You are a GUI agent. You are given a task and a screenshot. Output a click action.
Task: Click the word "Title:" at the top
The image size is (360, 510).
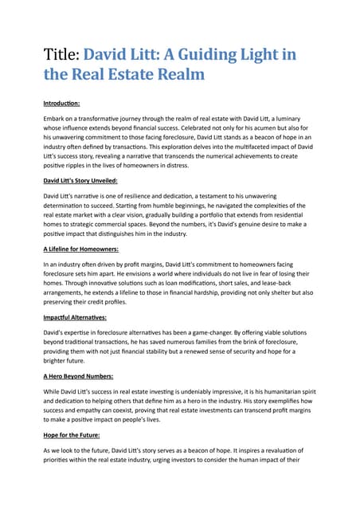(x=61, y=57)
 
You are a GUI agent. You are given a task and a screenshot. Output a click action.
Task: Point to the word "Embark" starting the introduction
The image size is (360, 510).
(x=56, y=118)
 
